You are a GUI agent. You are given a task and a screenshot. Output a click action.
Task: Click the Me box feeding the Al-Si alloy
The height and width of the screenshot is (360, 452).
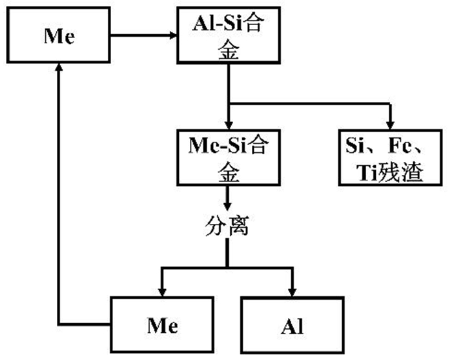pyautogui.click(x=59, y=36)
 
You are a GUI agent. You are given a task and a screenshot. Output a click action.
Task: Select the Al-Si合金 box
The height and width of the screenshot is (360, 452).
pyautogui.click(x=228, y=36)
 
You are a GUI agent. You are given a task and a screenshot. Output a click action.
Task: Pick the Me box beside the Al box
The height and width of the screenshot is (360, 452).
pyautogui.click(x=161, y=325)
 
